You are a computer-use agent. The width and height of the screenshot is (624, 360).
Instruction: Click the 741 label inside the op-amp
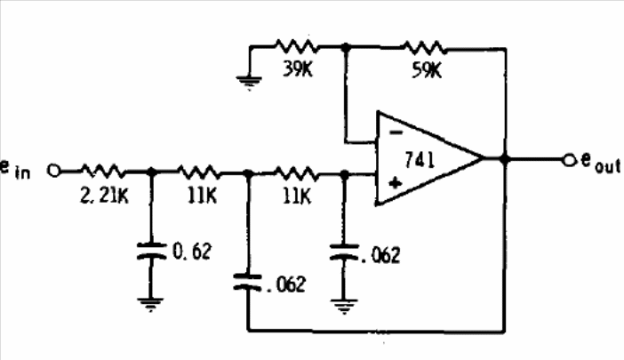click(420, 160)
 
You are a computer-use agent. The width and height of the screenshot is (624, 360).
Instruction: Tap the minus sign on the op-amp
click(396, 132)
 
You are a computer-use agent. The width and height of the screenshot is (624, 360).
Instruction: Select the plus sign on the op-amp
click(396, 183)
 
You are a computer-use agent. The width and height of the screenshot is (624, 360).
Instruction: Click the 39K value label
click(298, 69)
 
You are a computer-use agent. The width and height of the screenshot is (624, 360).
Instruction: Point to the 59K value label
click(427, 70)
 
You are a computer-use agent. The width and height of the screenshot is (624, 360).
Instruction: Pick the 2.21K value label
click(105, 196)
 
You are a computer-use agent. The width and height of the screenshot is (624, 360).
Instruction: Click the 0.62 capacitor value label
click(192, 252)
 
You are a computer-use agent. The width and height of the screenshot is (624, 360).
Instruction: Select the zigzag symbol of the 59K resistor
click(424, 47)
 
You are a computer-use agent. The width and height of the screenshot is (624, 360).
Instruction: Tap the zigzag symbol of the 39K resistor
click(297, 45)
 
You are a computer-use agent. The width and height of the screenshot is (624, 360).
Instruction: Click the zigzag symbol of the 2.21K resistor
click(103, 171)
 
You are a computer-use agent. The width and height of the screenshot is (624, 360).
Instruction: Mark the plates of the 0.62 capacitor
click(151, 252)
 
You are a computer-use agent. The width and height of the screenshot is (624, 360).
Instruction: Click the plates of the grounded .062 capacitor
click(344, 252)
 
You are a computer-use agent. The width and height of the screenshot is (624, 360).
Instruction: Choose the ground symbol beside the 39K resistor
click(249, 83)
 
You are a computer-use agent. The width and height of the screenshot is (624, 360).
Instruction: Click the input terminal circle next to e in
click(53, 171)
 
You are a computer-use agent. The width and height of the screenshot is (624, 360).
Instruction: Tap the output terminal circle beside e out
click(571, 160)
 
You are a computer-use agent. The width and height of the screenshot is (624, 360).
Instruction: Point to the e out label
click(601, 163)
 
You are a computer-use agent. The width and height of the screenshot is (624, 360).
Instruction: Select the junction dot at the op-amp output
click(505, 159)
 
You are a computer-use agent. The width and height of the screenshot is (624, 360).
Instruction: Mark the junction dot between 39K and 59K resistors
click(347, 47)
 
